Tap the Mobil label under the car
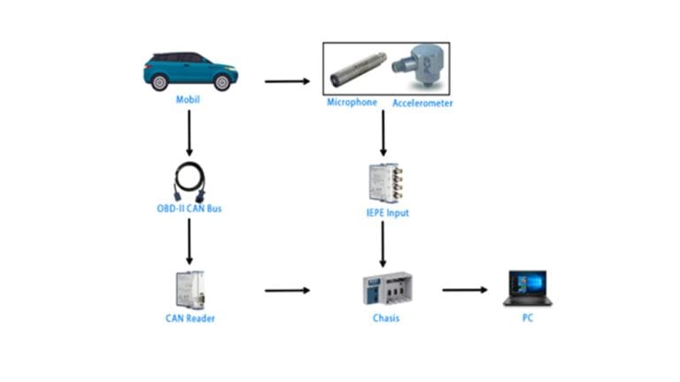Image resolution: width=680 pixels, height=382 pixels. pos(189,99)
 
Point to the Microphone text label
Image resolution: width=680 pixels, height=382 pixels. pos(352,103)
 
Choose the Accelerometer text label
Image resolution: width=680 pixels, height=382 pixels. pos(422,103)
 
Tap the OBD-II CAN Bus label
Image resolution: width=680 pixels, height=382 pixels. pos(189,209)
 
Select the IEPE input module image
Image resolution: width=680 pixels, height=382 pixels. pos(382,183)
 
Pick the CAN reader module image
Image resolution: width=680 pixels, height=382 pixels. pos(189,288)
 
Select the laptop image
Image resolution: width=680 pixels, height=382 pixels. pos(528,288)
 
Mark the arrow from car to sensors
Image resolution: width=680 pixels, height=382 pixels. pos(288,82)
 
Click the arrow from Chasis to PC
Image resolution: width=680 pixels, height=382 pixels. pos(466,289)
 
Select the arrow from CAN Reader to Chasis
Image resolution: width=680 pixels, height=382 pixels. pos(288,289)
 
